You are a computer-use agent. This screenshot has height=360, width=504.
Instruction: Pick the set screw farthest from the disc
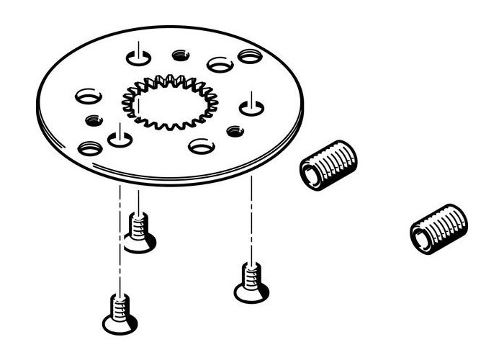[x=438, y=229]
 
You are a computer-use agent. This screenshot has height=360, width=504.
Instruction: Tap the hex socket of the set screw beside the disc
[x=311, y=174]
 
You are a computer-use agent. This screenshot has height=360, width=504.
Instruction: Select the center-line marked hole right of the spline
[x=250, y=108]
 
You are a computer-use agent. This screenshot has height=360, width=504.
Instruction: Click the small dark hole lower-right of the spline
[x=235, y=131]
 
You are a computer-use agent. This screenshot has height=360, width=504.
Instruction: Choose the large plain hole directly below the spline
[x=202, y=146]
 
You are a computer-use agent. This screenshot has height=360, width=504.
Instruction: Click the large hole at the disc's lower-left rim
[x=90, y=148]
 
